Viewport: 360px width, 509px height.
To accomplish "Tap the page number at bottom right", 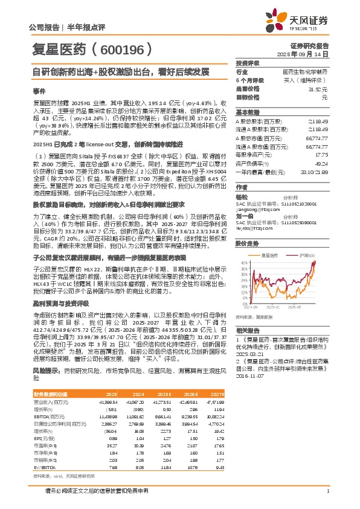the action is pos(327,490).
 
